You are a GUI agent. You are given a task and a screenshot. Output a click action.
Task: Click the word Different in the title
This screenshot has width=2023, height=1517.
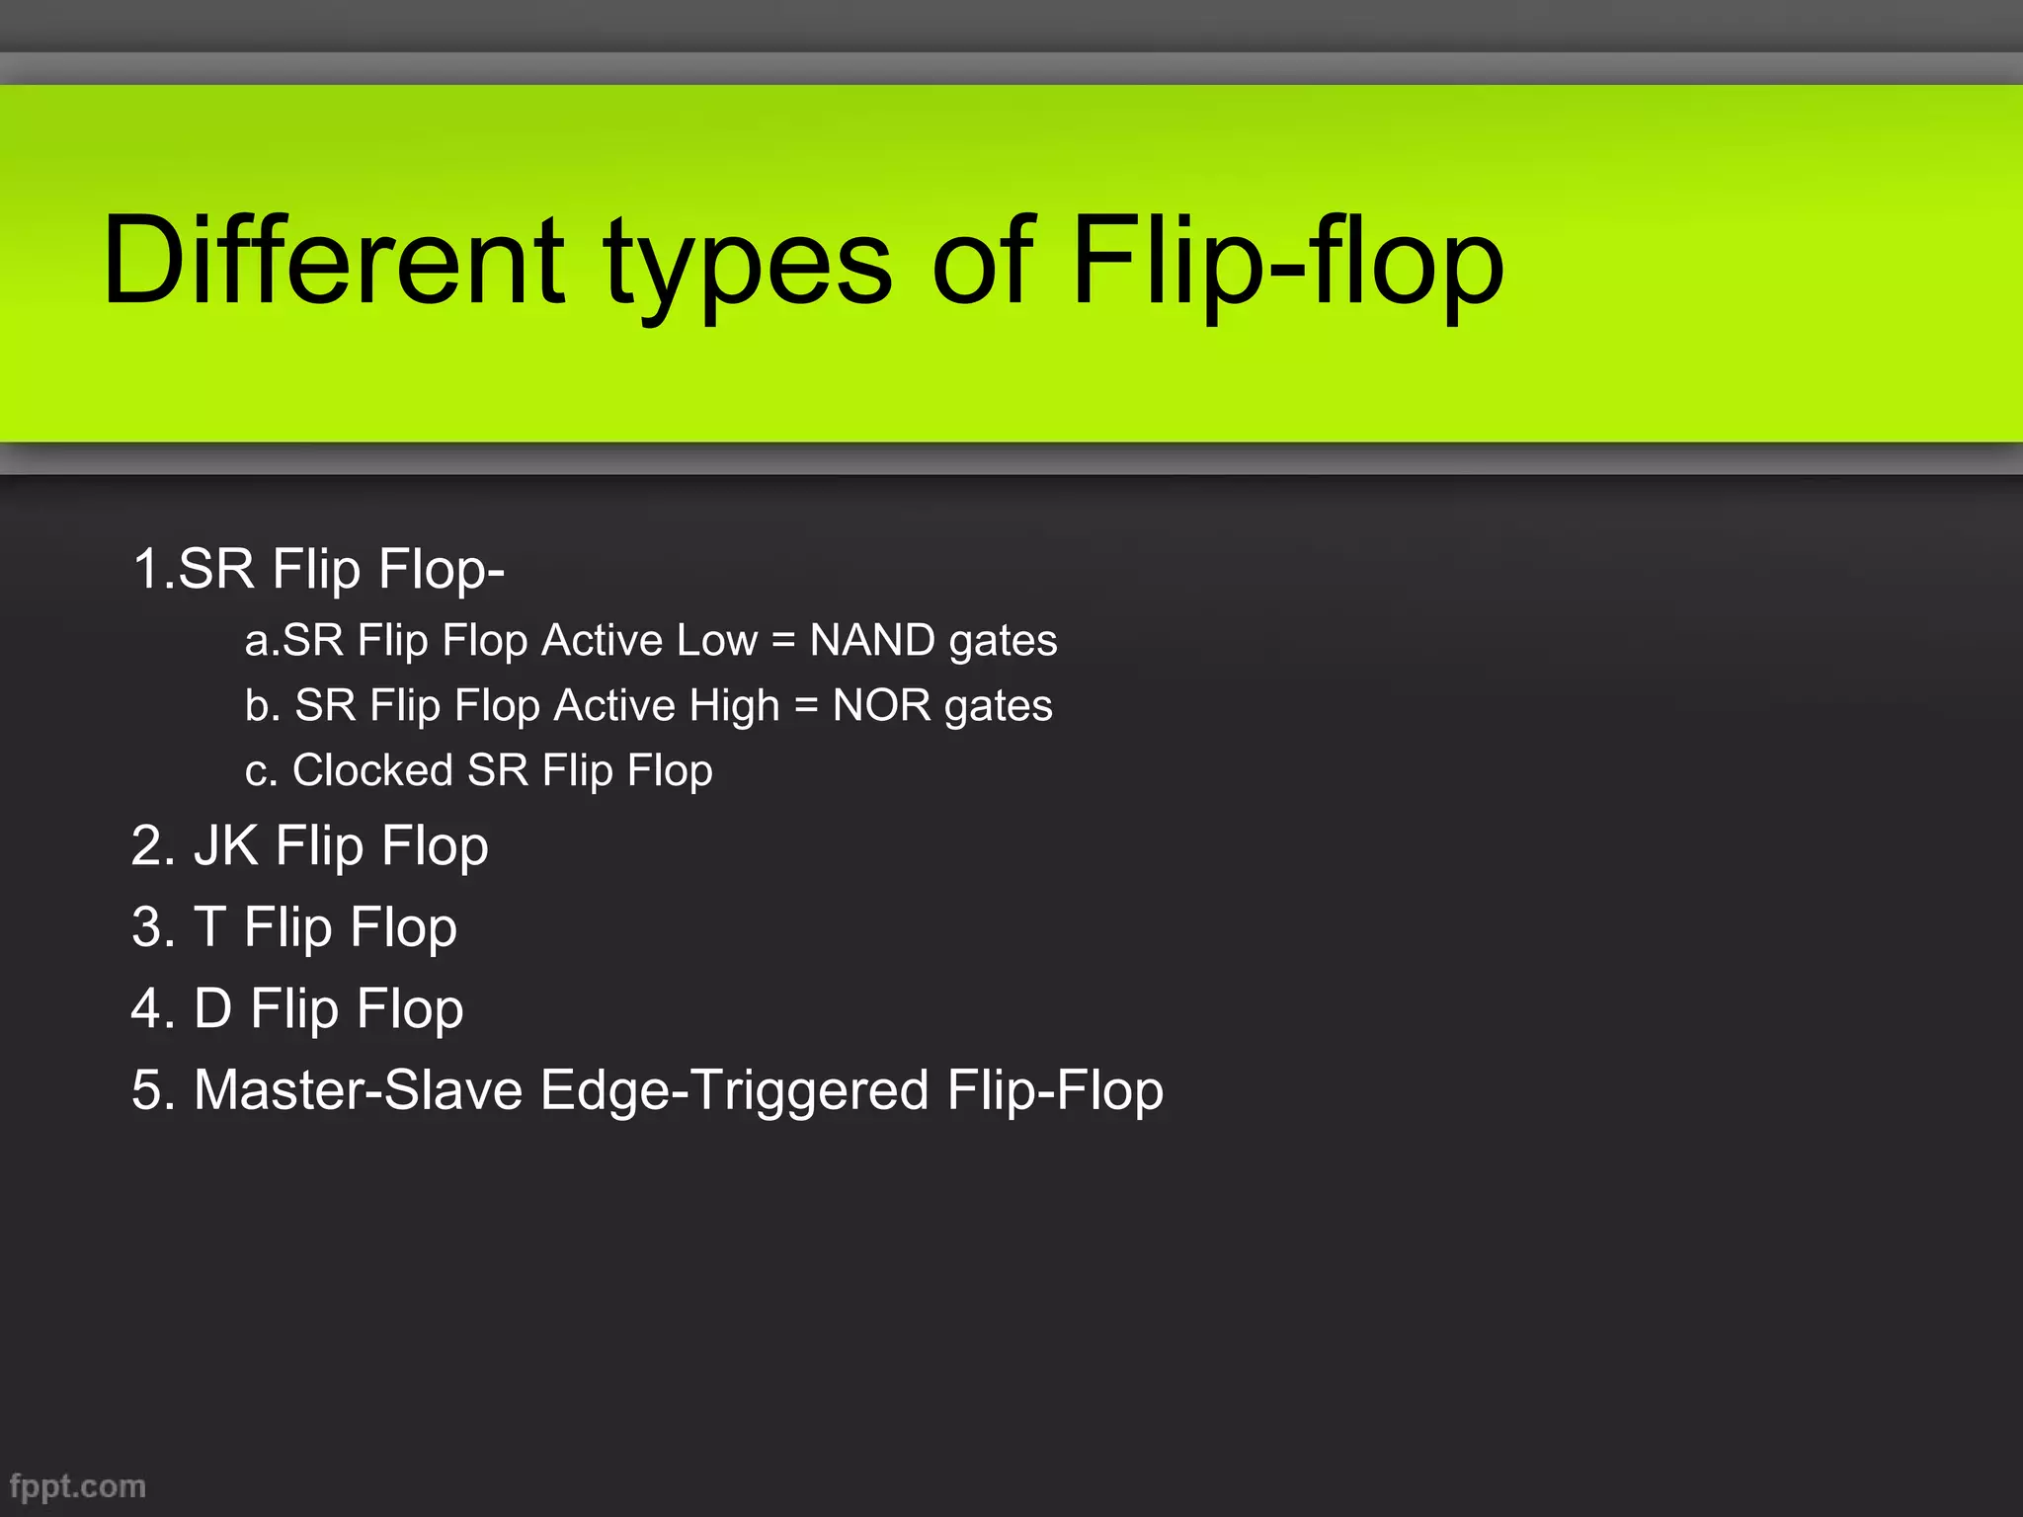[x=334, y=260]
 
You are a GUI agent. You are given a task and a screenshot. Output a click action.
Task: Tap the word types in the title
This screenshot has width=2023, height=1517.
[x=748, y=267]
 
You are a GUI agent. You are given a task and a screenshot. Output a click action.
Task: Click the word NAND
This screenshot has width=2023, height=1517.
[x=872, y=640]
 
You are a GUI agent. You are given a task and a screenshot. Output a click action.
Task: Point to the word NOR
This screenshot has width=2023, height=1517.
[x=881, y=705]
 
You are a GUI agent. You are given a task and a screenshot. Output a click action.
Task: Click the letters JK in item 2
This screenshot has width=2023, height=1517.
[x=226, y=846]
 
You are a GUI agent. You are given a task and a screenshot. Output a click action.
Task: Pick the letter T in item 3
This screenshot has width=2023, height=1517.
[x=209, y=927]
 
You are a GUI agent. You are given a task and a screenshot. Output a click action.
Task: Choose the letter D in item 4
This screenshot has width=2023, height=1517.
[x=212, y=1008]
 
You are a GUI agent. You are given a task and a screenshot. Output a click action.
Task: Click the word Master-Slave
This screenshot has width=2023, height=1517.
[x=358, y=1090]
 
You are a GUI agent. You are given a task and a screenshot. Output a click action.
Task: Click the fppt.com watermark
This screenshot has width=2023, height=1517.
[x=77, y=1486]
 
